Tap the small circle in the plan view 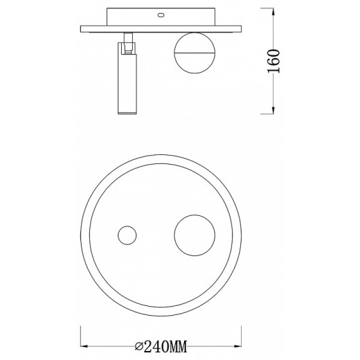point(127,235)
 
